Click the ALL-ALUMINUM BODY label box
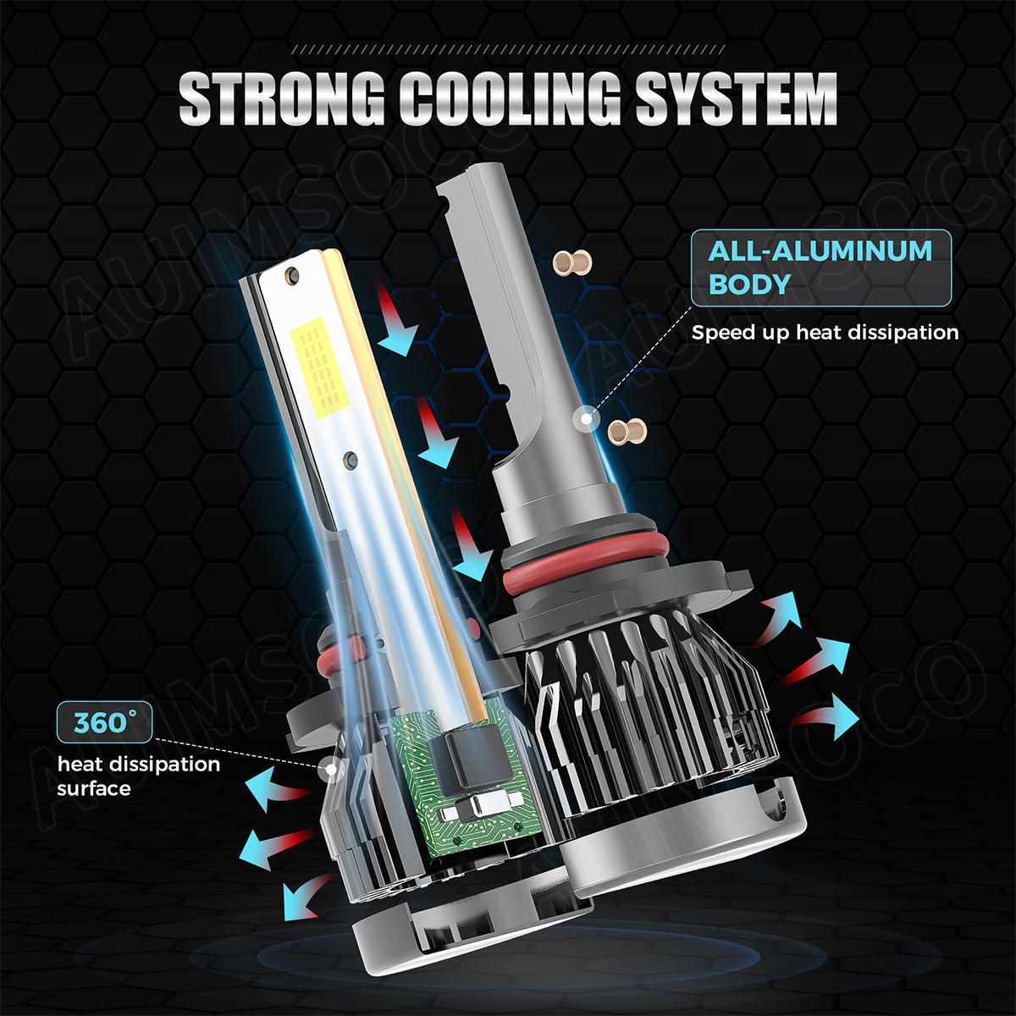[x=821, y=268]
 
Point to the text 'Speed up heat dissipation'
[x=825, y=333]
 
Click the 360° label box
[x=104, y=722]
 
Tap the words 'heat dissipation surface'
[x=138, y=776]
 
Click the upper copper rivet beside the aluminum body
[x=572, y=262]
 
